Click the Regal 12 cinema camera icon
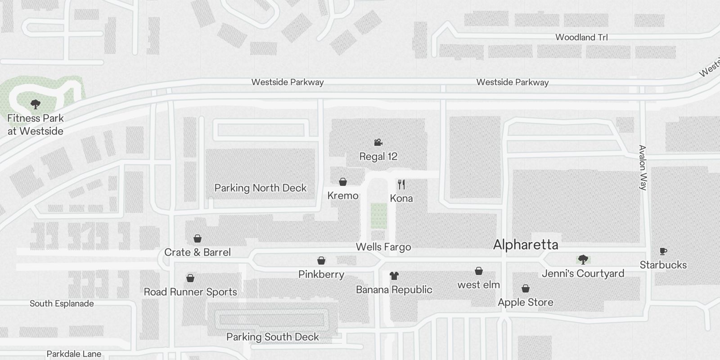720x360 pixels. click(378, 143)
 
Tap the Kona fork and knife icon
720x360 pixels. click(401, 184)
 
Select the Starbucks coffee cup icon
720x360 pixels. click(663, 251)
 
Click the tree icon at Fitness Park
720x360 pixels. click(35, 105)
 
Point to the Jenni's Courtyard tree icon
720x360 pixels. click(583, 259)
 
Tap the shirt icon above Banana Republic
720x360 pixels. click(394, 275)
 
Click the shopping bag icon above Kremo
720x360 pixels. click(343, 182)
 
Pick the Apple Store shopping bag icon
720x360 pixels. click(525, 288)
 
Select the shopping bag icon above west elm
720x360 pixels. click(479, 271)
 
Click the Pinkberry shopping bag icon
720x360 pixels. click(321, 261)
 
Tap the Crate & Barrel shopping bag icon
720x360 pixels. click(197, 238)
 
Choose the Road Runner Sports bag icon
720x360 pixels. click(190, 278)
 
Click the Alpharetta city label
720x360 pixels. click(526, 245)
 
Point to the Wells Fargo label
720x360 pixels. click(383, 247)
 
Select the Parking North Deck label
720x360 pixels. click(261, 188)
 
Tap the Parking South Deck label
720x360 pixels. click(272, 337)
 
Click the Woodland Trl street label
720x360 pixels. click(581, 37)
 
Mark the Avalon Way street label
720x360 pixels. click(643, 167)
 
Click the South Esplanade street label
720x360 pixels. click(62, 304)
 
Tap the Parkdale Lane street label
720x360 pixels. click(74, 354)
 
